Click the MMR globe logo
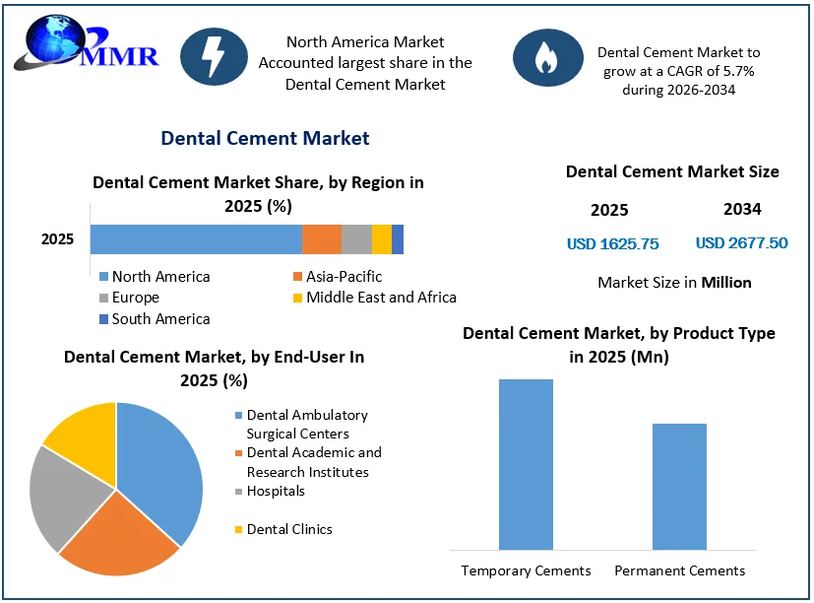coord(86,43)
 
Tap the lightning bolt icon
coord(214,57)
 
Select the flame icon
coord(547,57)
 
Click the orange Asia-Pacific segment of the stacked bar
coord(322,239)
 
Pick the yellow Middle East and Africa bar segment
coord(382,239)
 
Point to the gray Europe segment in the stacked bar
coord(356,239)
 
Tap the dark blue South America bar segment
coord(398,239)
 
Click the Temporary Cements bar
coord(526,464)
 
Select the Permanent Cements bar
coord(679,487)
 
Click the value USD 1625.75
coord(612,243)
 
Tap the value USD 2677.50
coord(742,242)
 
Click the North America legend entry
coord(155,277)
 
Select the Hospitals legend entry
coord(270,492)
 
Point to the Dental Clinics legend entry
coord(283,529)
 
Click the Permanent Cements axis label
coord(679,570)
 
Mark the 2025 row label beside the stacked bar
coord(58,239)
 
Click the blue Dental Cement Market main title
coord(265,138)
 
